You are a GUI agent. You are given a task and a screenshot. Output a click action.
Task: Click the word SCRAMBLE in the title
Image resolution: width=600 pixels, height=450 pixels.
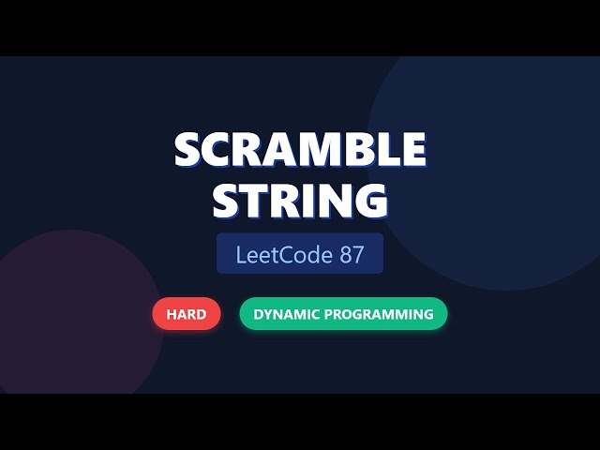pyautogui.click(x=300, y=150)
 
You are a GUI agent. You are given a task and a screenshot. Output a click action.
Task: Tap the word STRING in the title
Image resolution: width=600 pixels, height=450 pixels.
pyautogui.click(x=300, y=200)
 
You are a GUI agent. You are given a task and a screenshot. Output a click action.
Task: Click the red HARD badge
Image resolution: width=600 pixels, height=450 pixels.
pyautogui.click(x=187, y=315)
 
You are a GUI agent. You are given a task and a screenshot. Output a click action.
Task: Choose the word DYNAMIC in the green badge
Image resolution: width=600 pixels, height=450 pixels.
pyautogui.click(x=286, y=315)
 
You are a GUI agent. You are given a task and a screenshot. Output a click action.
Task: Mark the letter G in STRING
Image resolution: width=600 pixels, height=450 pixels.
pyautogui.click(x=369, y=200)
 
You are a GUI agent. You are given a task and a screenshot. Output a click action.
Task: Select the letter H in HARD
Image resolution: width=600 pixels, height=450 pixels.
pyautogui.click(x=172, y=315)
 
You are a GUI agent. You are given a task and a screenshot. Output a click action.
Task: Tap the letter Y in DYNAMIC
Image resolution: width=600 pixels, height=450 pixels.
pyautogui.click(x=267, y=315)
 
